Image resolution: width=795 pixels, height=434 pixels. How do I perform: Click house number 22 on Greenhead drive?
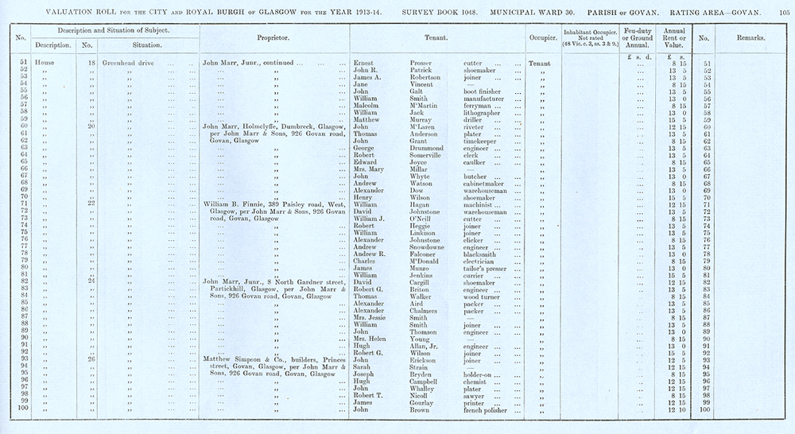pyautogui.click(x=91, y=204)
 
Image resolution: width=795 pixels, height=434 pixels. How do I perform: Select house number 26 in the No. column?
pyautogui.click(x=91, y=359)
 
